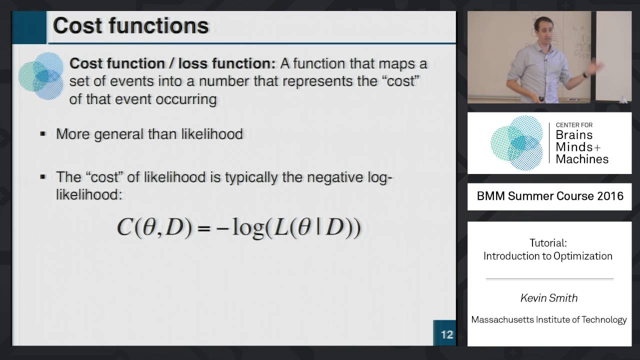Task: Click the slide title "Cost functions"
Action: point(130,26)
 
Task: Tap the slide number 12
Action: point(446,334)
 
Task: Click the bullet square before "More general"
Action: point(43,134)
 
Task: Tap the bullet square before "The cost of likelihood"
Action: point(43,176)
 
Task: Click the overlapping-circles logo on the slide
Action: point(41,76)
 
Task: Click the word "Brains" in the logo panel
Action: point(574,135)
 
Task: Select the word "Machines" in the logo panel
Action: point(582,159)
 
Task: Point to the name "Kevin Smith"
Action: point(549,298)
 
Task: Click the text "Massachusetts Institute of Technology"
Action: point(549,319)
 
